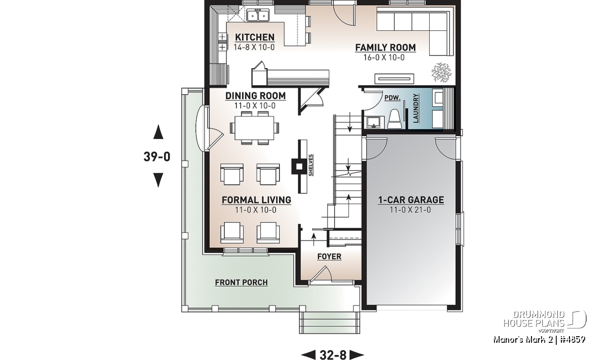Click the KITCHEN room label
(254, 37)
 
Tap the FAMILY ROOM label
(386, 48)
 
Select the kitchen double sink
(258, 15)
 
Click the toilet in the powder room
(394, 119)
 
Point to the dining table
(254, 128)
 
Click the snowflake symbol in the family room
(441, 72)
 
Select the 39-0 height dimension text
(157, 156)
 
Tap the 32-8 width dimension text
(333, 354)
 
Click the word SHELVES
(311, 165)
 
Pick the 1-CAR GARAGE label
(411, 200)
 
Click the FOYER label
(329, 257)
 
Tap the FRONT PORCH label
(241, 283)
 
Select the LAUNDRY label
(416, 108)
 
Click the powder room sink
(374, 123)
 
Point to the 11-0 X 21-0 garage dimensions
(410, 210)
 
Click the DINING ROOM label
(255, 96)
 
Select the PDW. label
(393, 98)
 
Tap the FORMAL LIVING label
(256, 200)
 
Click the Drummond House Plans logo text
(534, 319)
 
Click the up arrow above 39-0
(158, 132)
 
